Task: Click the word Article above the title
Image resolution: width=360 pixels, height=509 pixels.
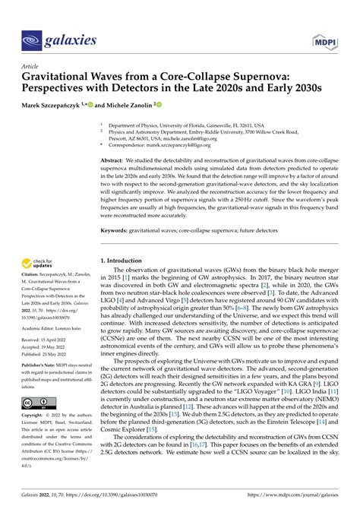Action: [x=31, y=67]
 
